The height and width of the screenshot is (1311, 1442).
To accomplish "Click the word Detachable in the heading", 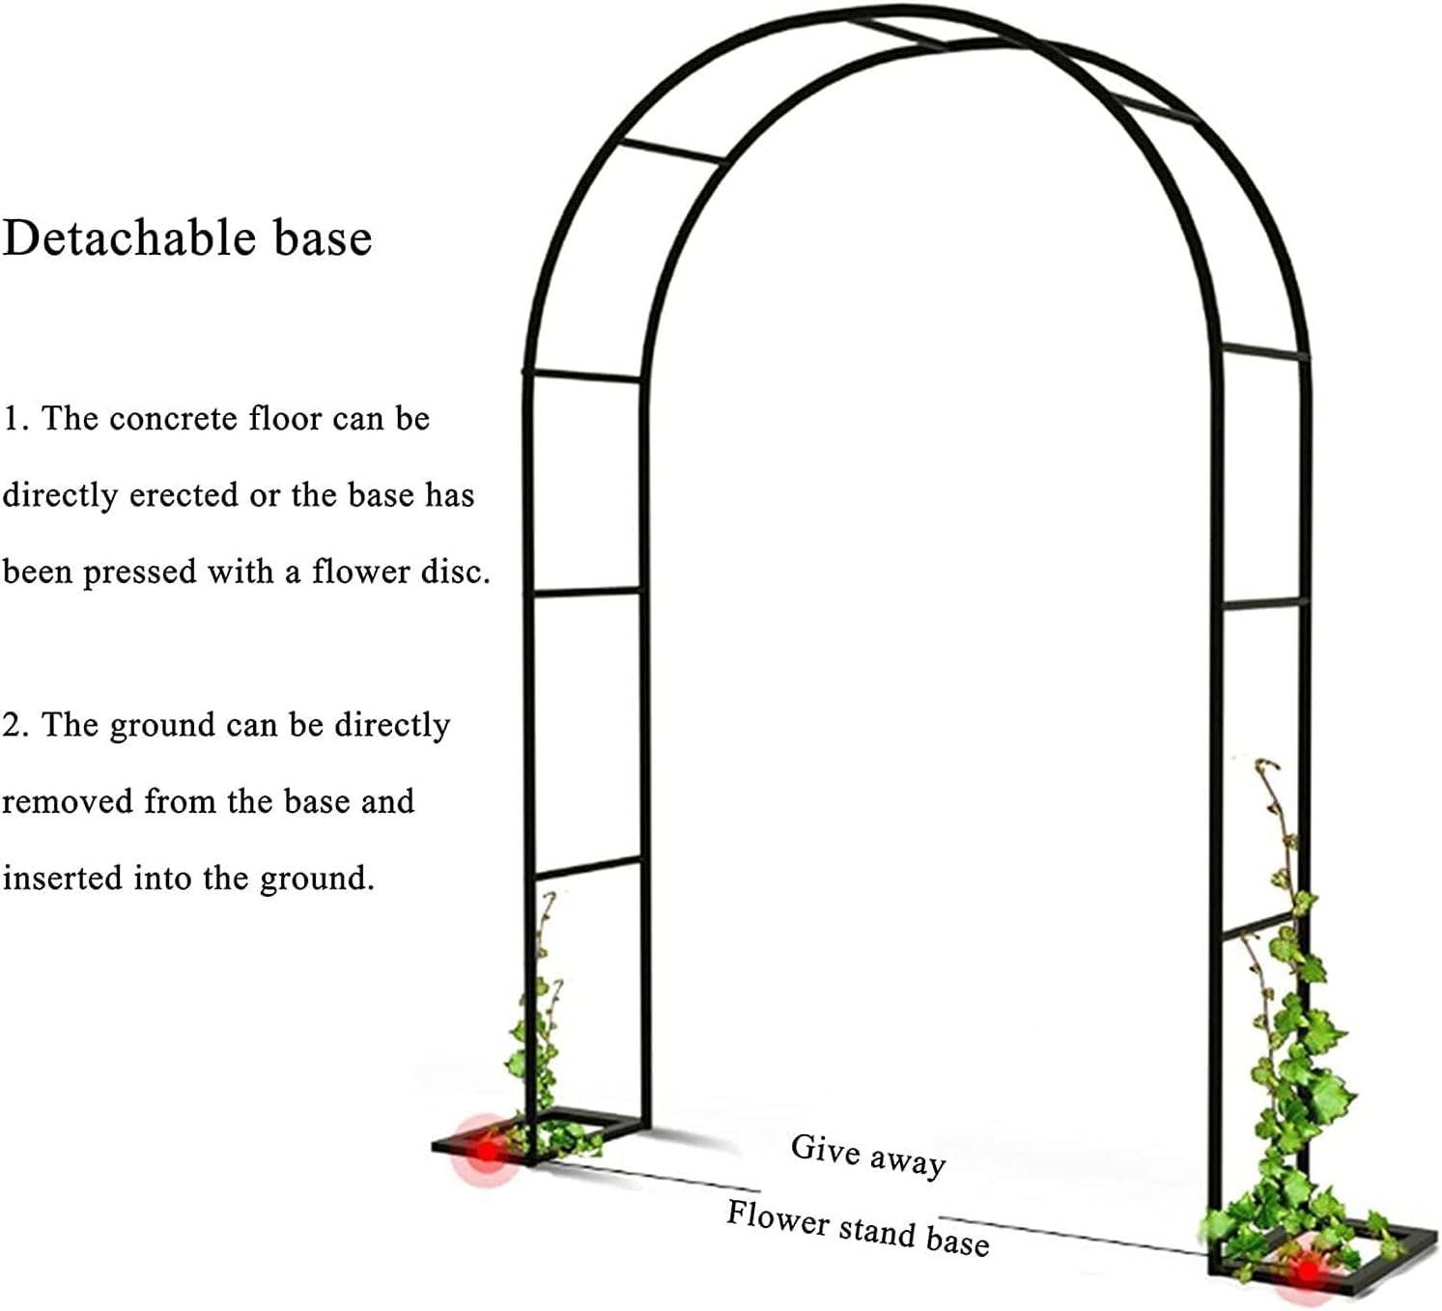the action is (x=130, y=238).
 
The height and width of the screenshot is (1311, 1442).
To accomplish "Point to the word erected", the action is (x=184, y=495).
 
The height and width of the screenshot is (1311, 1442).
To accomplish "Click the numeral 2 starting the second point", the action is (x=12, y=725).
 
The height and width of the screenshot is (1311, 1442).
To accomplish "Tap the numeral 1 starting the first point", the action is (x=10, y=419).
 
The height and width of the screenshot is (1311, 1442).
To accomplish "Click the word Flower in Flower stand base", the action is (x=778, y=1218).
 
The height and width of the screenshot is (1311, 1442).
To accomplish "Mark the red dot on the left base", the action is (x=488, y=1150).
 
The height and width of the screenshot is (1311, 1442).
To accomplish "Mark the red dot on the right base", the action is (x=1308, y=1271).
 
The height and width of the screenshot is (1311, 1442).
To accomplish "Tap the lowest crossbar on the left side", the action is (x=586, y=866).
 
